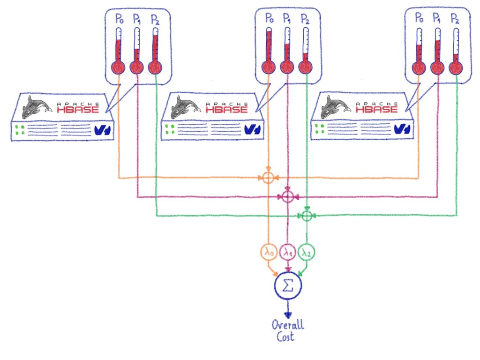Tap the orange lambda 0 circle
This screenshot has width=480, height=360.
click(269, 253)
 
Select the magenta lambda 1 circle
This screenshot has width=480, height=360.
click(287, 253)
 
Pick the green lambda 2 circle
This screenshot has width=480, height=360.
click(306, 253)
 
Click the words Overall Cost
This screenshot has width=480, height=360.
click(287, 331)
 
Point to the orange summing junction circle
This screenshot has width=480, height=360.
click(268, 178)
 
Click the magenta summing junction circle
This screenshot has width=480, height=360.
click(287, 196)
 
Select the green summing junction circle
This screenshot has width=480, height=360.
click(306, 215)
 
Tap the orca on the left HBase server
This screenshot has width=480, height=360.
click(36, 106)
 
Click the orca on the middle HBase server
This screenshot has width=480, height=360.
click(186, 107)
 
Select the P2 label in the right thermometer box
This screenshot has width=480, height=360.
click(455, 19)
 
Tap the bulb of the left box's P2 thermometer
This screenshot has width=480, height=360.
click(155, 67)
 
